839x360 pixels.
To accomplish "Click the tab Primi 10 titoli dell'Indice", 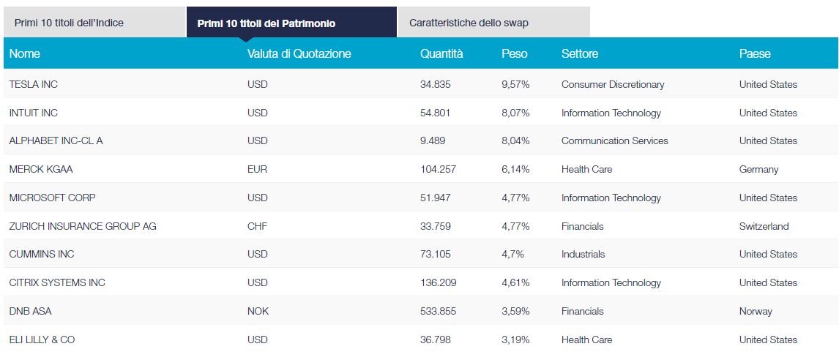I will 69,23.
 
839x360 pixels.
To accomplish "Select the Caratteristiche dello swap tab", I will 469,23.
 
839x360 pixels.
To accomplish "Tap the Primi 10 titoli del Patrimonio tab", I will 266,23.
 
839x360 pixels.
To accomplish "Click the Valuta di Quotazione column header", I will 299,53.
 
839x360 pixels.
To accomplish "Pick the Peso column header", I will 514,53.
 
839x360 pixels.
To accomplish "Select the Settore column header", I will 579,53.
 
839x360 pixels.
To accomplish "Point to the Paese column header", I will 755,53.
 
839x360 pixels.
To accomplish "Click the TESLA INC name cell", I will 34,84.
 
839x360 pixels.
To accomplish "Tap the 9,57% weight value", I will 515,84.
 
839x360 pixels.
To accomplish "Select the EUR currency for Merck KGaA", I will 257,169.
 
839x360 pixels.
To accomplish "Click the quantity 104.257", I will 438,169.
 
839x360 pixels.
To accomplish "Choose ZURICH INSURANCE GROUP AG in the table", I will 83,226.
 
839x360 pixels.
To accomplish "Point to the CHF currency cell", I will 257,226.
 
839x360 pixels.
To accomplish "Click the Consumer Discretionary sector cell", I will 613,84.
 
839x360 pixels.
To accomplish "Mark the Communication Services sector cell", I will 614,140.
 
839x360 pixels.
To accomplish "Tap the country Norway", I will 756,311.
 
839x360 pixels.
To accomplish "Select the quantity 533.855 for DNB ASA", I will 438,311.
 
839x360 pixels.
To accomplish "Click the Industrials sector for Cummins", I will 583,254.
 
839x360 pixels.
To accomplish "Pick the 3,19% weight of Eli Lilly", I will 515,340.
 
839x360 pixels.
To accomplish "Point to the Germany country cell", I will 758,169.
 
